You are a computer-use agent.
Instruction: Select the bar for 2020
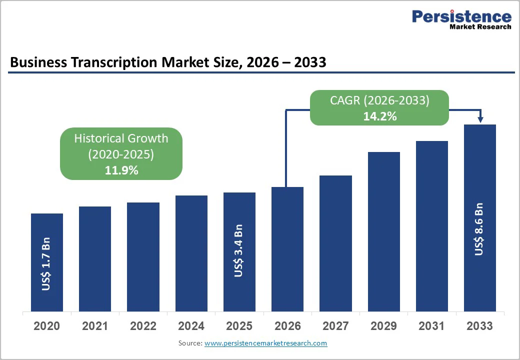click(47, 262)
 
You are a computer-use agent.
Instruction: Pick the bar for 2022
click(143, 257)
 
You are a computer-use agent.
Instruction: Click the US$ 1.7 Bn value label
click(46, 267)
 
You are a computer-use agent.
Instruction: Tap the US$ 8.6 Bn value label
click(479, 229)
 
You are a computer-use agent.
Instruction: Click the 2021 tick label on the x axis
click(95, 326)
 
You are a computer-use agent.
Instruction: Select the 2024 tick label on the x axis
click(191, 326)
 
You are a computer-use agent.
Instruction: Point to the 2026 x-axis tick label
click(287, 326)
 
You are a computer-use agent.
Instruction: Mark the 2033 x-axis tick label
click(479, 326)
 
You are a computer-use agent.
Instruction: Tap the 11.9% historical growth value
click(121, 170)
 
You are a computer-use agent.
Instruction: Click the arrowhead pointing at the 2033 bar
click(480, 119)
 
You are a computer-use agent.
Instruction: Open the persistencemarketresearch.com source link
click(265, 343)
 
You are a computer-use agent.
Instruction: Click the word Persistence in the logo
click(461, 16)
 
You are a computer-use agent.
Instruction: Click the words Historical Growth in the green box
click(121, 138)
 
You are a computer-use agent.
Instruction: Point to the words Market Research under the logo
click(480, 27)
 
